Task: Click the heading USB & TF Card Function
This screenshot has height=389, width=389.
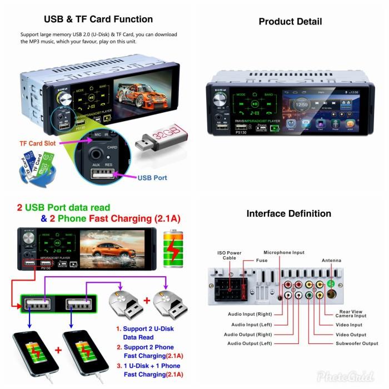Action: pos(98,19)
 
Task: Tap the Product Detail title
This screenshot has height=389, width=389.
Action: pos(290,22)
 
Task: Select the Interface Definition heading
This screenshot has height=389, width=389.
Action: pos(288,213)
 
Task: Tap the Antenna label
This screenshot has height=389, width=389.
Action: pos(332,260)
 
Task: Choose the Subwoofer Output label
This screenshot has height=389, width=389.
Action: pos(357,343)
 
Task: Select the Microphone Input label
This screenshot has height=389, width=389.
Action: pos(284,252)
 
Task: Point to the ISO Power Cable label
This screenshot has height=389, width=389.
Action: pos(229,256)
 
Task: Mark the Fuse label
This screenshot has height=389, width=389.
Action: pos(262,260)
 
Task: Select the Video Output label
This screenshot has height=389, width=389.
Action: pos(351,335)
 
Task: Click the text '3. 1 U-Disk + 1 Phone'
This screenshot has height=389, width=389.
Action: pos(148,366)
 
